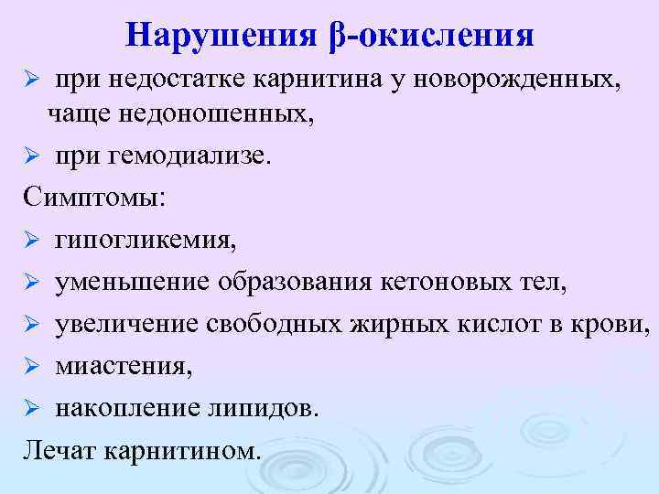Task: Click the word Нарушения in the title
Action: click(221, 34)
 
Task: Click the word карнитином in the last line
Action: click(182, 450)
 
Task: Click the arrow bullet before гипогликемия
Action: click(30, 242)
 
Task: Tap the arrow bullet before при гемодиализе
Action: click(30, 157)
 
